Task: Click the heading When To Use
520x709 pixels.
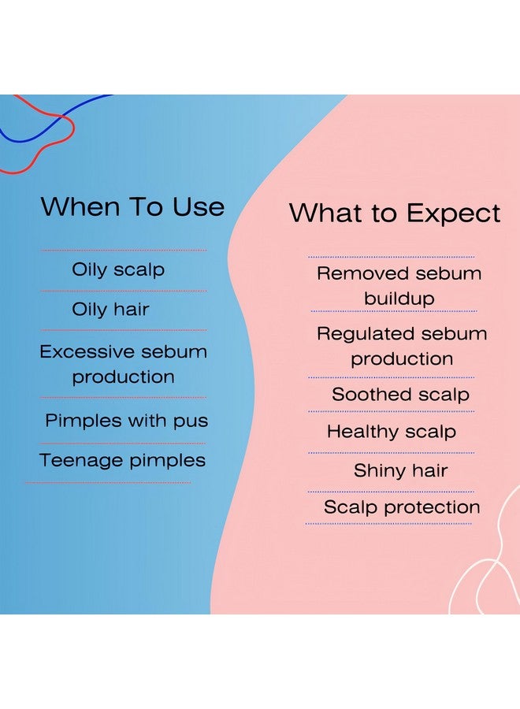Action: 133,206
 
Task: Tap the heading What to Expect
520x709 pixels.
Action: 395,213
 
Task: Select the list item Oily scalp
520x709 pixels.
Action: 118,270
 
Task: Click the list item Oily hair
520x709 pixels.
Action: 110,310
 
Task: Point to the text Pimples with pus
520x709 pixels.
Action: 127,421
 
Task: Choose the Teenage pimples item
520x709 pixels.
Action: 123,461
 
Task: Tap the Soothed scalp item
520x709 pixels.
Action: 400,395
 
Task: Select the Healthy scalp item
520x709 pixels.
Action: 392,432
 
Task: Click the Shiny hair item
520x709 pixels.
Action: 400,471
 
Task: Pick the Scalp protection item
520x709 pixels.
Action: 402,507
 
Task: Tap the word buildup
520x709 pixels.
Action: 399,299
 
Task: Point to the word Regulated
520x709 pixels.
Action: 366,335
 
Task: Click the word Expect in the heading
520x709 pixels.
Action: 454,213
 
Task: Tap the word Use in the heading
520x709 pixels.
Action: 199,207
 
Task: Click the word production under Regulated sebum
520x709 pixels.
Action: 402,359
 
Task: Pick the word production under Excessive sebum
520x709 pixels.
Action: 124,377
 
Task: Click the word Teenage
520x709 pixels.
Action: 81,461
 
